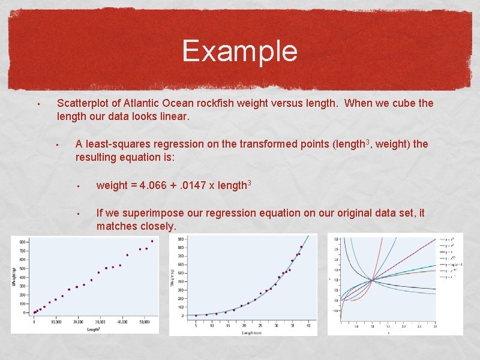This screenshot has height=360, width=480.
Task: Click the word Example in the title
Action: point(239,51)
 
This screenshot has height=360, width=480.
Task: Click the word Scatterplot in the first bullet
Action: point(83,103)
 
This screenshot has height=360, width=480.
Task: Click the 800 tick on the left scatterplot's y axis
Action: point(22,242)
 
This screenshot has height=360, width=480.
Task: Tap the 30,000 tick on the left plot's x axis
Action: point(100,322)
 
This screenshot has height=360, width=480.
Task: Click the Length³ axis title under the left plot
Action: point(93,329)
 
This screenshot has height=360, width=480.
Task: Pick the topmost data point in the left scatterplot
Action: point(152,241)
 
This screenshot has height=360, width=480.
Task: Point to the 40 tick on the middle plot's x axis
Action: point(308,325)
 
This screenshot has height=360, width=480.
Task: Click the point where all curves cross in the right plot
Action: point(372,280)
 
